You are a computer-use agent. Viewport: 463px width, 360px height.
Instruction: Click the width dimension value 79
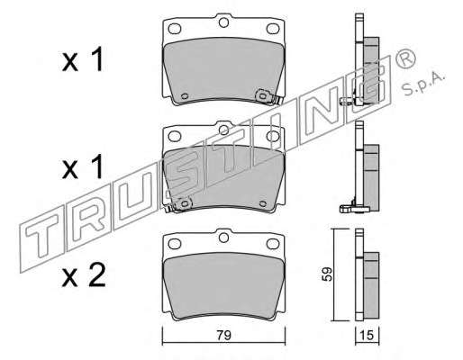point(223,335)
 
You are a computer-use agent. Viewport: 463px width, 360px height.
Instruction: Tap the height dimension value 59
point(327,274)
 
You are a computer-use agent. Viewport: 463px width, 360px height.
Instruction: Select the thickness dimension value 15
point(367,335)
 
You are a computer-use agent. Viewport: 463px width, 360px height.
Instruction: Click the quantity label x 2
point(84,274)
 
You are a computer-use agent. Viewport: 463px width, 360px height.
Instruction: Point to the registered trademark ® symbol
point(406,58)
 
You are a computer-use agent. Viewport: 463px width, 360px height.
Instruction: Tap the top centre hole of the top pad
point(223,22)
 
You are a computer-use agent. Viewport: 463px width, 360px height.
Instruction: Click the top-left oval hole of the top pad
point(175,29)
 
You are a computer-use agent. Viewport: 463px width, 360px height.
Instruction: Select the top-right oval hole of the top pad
point(273,29)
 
